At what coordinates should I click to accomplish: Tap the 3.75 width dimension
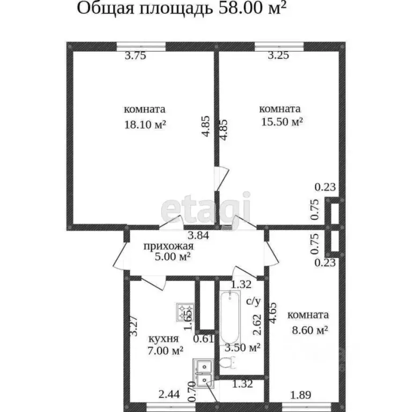tap(135, 55)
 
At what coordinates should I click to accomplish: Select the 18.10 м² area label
tap(144, 124)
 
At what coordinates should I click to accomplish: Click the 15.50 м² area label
tap(283, 122)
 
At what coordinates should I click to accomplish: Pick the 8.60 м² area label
tap(308, 330)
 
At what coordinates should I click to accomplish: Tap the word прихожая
tap(167, 246)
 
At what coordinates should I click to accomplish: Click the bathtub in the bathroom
tap(231, 319)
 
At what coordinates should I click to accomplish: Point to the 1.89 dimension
tap(300, 396)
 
